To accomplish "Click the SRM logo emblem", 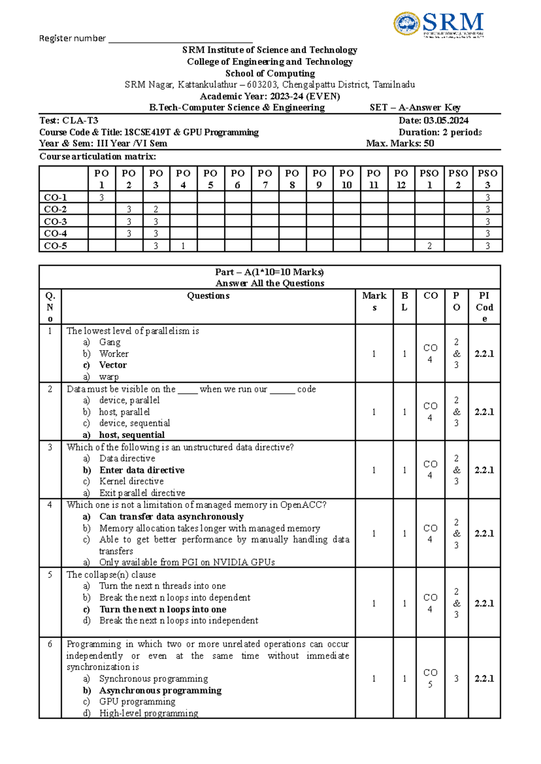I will click(x=407, y=23).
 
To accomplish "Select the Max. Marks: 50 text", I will click(x=400, y=143).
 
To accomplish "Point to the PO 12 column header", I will click(x=401, y=179).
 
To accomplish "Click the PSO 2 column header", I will click(x=458, y=179).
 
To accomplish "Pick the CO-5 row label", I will click(x=55, y=246).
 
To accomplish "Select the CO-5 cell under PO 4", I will click(x=183, y=246).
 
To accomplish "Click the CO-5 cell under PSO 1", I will click(x=429, y=246).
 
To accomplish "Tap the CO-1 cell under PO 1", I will click(x=101, y=197).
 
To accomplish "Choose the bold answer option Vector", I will click(x=113, y=365).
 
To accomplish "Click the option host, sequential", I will click(x=132, y=435).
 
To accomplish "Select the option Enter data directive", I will click(x=142, y=470).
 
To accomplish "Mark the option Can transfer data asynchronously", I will click(x=171, y=516).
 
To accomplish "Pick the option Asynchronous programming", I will click(x=160, y=690).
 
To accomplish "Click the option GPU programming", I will click(x=137, y=702).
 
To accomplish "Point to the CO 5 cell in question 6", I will click(x=430, y=678).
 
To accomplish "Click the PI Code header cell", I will click(x=484, y=307).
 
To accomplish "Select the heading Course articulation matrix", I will click(x=97, y=156).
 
